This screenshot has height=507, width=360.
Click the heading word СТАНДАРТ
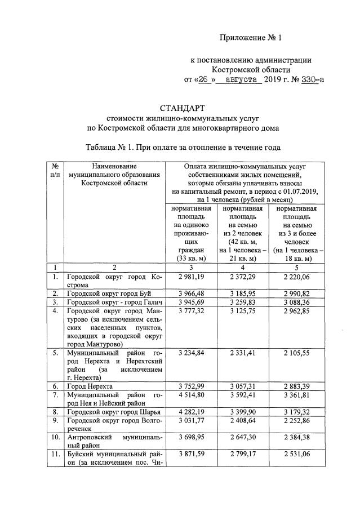(x=183, y=108)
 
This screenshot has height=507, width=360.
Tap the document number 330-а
(x=312, y=80)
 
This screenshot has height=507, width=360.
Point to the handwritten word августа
(x=244, y=80)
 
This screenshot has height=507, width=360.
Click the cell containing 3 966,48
(x=190, y=293)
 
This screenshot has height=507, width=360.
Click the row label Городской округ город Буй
(x=107, y=293)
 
